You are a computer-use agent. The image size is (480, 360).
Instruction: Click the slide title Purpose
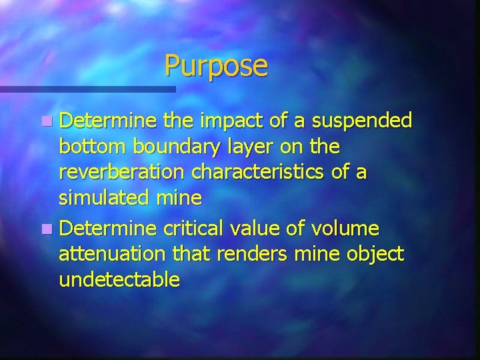pos(216,66)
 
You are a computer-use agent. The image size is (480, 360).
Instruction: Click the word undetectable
pos(119,280)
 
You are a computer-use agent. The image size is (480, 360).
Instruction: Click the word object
pos(372,255)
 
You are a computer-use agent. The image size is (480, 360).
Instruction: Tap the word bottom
pos(89,146)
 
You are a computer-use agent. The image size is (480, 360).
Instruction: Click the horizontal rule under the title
pos(87,89)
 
